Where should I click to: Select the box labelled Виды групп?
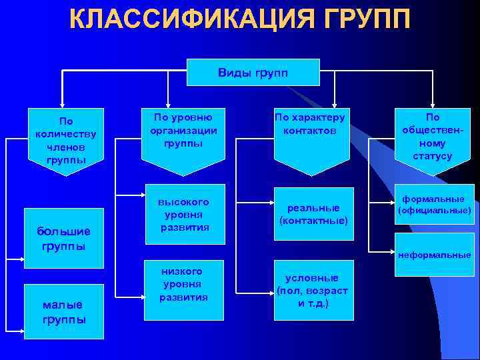(253, 72)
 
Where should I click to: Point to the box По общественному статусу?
(432, 137)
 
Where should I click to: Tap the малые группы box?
(63, 311)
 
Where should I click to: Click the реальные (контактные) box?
(313, 214)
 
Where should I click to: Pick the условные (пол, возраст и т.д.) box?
(311, 290)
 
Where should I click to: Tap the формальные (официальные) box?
(434, 205)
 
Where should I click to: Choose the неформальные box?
(434, 255)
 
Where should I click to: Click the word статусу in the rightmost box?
(432, 156)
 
